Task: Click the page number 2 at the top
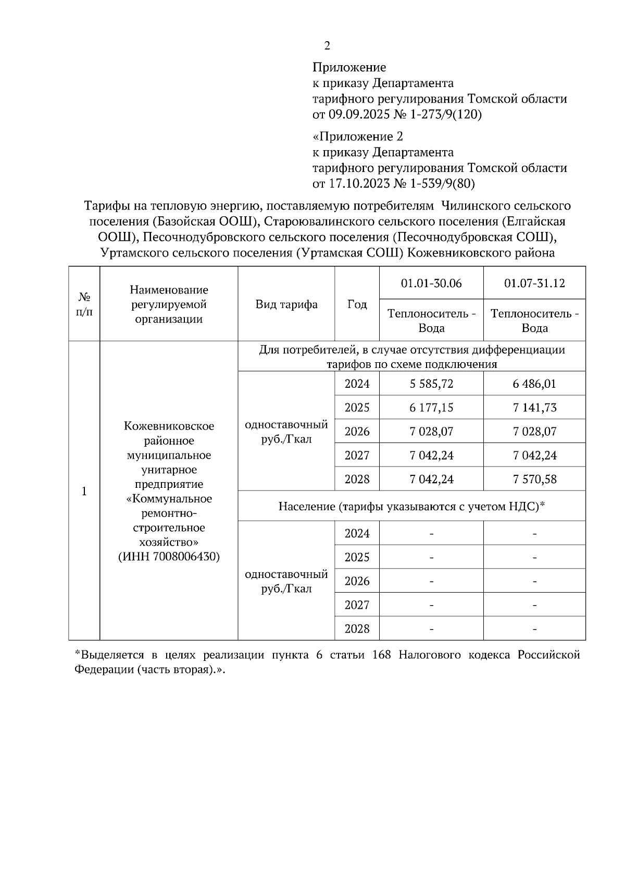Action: (327, 46)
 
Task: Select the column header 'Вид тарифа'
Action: (286, 304)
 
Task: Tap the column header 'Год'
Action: (357, 304)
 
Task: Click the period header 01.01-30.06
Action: (431, 283)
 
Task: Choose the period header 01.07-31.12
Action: (534, 283)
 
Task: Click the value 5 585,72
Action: (431, 384)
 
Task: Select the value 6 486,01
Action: (534, 384)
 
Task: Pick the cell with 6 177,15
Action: (431, 408)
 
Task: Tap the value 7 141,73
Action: (534, 408)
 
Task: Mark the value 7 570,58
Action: (534, 479)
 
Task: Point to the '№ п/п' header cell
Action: (84, 304)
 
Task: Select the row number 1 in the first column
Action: (84, 491)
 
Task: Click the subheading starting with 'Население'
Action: (411, 506)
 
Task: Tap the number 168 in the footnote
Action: (382, 655)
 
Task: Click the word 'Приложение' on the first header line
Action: (349, 67)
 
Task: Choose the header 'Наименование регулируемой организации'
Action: (169, 304)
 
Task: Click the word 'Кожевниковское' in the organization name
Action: (169, 426)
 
